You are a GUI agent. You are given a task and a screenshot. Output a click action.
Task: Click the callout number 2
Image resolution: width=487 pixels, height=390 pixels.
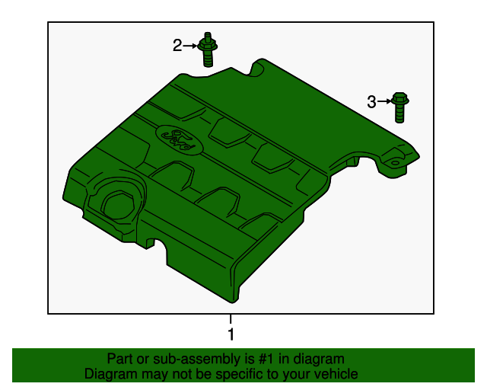(x=177, y=46)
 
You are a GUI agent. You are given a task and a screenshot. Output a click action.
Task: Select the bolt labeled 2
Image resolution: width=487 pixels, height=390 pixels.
(x=208, y=50)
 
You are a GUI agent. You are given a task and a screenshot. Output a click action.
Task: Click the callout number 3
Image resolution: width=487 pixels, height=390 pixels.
(x=371, y=101)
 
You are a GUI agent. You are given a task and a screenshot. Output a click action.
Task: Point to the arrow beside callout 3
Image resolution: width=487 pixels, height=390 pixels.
(x=384, y=101)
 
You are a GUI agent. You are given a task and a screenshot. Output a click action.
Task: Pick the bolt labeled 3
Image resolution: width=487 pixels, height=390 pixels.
(x=400, y=107)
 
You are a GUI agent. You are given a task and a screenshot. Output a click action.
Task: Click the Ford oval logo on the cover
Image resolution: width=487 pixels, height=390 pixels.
(x=178, y=139)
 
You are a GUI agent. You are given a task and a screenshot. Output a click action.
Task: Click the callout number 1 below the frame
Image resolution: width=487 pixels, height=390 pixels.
(x=231, y=334)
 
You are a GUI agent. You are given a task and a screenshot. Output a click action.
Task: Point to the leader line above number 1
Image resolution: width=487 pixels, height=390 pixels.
(x=231, y=319)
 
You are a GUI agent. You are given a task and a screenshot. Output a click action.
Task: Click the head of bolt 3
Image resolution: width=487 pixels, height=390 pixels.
(x=400, y=99)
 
